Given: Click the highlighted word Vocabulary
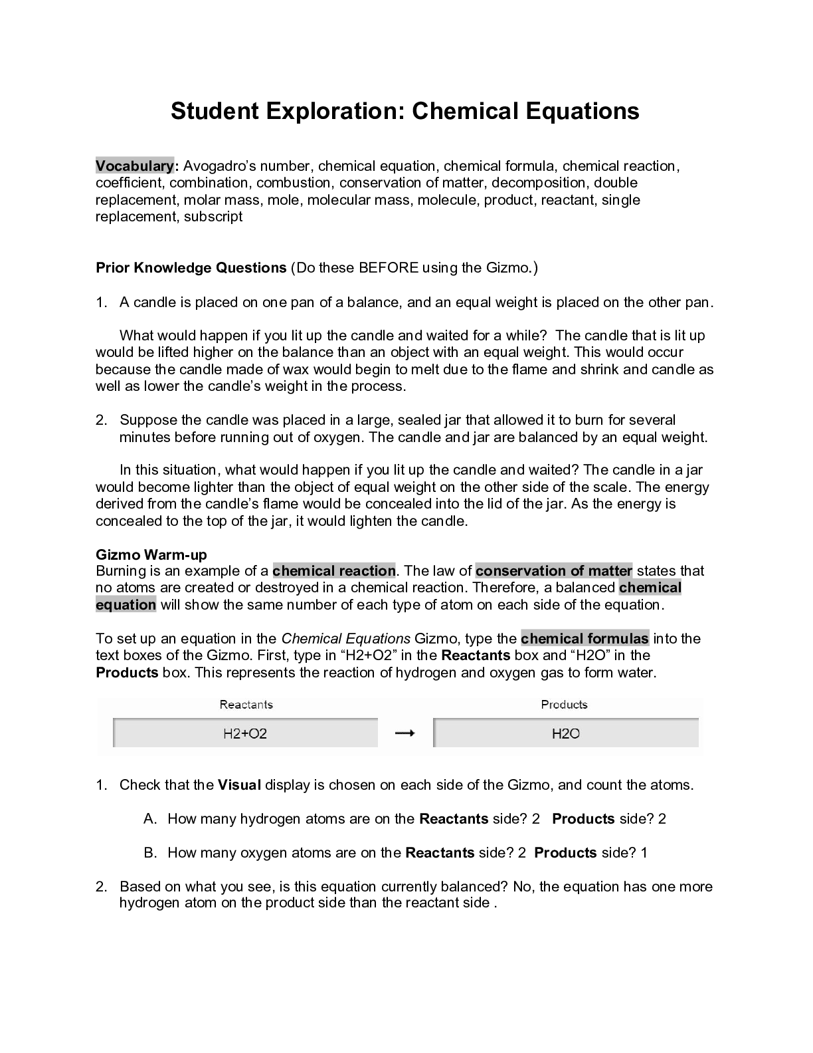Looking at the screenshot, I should (135, 166).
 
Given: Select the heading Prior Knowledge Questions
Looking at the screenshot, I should (191, 268).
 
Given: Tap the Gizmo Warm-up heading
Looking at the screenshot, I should (151, 554).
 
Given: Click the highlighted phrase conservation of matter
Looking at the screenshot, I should (553, 571).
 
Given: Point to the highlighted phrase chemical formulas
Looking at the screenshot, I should (585, 639).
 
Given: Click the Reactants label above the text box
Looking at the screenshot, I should (246, 705).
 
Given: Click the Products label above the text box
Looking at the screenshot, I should (564, 705).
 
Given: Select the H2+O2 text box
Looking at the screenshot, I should (245, 734).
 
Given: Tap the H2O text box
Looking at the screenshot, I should (566, 734).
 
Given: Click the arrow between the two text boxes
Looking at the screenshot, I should (405, 733).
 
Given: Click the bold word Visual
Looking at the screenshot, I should (239, 785).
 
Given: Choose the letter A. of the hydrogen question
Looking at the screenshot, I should (150, 819).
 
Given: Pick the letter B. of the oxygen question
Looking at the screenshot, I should (150, 853).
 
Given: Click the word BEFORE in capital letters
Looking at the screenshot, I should (389, 268).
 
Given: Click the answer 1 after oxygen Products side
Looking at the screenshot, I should (644, 853).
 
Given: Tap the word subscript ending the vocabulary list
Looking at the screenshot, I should (213, 217).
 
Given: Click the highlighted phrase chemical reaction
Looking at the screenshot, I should (333, 571).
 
